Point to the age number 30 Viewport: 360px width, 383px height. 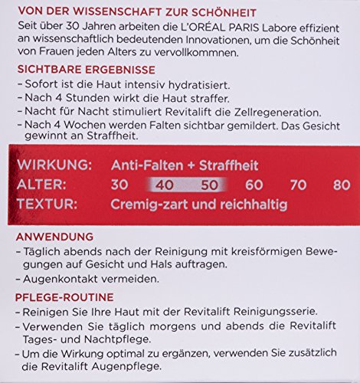119,185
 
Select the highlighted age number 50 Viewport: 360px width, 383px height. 209,185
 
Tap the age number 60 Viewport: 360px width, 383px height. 254,185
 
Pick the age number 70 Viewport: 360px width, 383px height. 299,185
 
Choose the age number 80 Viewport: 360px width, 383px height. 342,185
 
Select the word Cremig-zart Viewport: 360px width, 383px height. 149,205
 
